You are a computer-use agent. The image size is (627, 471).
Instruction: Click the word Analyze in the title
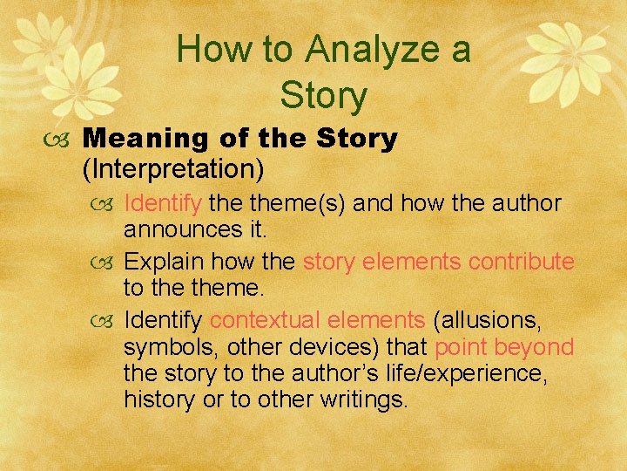click(359, 50)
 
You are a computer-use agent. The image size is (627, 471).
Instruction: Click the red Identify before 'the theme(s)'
click(163, 203)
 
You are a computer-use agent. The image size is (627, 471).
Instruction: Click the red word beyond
click(539, 347)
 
